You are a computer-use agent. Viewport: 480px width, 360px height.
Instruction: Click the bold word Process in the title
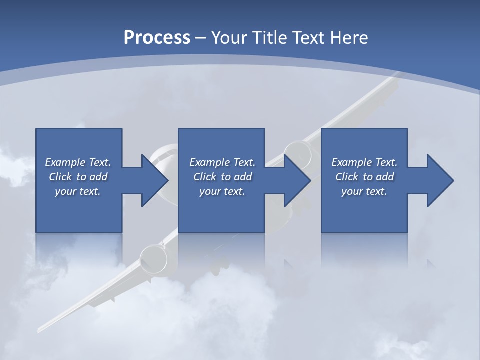tap(157, 38)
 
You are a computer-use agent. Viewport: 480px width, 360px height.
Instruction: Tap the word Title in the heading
tap(270, 38)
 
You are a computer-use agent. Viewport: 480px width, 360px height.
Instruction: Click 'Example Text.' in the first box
tap(78, 162)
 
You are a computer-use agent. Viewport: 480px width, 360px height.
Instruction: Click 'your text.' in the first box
tap(78, 191)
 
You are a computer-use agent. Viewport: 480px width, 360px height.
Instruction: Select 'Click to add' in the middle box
tap(222, 177)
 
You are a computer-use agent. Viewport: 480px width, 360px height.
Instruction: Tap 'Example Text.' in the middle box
tap(222, 162)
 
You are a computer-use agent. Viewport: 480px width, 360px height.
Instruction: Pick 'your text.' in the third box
tap(364, 191)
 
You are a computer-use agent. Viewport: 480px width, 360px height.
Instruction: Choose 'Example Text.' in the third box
tap(364, 162)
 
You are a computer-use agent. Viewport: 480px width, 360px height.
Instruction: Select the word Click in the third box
tap(347, 177)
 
